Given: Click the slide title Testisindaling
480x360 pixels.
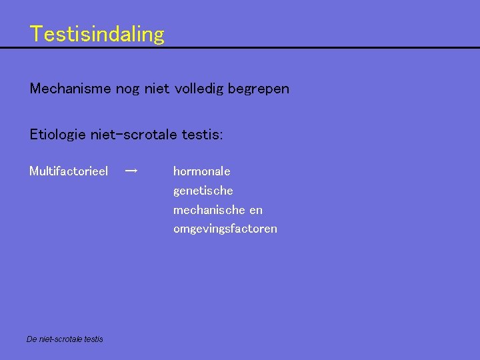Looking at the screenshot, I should pyautogui.click(x=97, y=33).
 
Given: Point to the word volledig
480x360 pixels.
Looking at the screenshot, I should pyautogui.click(x=199, y=88).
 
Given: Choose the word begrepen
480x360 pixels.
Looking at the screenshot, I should pyautogui.click(x=259, y=89).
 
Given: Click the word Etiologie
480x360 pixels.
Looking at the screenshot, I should pyautogui.click(x=57, y=135).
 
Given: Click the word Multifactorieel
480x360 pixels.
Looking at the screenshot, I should pyautogui.click(x=69, y=171).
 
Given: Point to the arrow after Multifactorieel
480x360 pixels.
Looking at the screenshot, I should pyautogui.click(x=131, y=171).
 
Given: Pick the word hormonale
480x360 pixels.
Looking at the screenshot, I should pyautogui.click(x=201, y=171).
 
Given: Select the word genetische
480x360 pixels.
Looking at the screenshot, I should pyautogui.click(x=203, y=191).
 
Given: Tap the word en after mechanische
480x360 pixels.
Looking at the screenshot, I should pyautogui.click(x=256, y=210).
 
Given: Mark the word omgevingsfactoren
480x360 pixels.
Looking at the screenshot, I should pyautogui.click(x=225, y=229).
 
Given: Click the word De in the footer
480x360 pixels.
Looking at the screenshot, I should pyautogui.click(x=32, y=339).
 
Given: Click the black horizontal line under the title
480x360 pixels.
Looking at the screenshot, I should pyautogui.click(x=240, y=48).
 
